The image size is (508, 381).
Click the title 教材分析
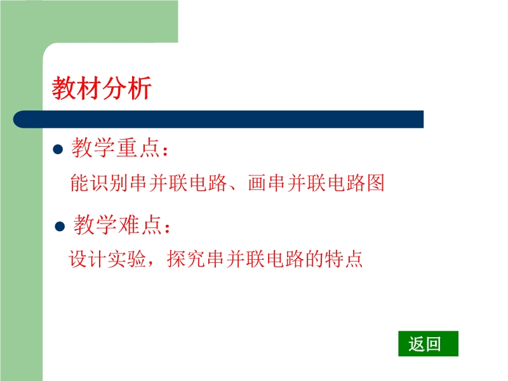coord(102,88)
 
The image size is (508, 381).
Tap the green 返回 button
coord(428,344)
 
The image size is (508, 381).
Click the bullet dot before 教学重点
coord(58,149)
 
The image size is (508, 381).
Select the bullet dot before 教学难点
coord(60,226)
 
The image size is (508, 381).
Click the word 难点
coord(140,225)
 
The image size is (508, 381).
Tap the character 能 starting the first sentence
coord(79,183)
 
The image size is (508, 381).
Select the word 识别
coord(109,183)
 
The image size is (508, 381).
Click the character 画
coord(258,183)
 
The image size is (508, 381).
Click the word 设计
coord(88,259)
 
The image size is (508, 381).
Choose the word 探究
coord(186,259)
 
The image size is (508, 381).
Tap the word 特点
coord(344,259)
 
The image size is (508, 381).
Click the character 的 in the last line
coord(314,259)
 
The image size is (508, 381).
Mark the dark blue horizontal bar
coord(218,119)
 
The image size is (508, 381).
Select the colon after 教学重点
coord(166,151)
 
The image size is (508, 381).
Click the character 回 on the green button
coord(432,344)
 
